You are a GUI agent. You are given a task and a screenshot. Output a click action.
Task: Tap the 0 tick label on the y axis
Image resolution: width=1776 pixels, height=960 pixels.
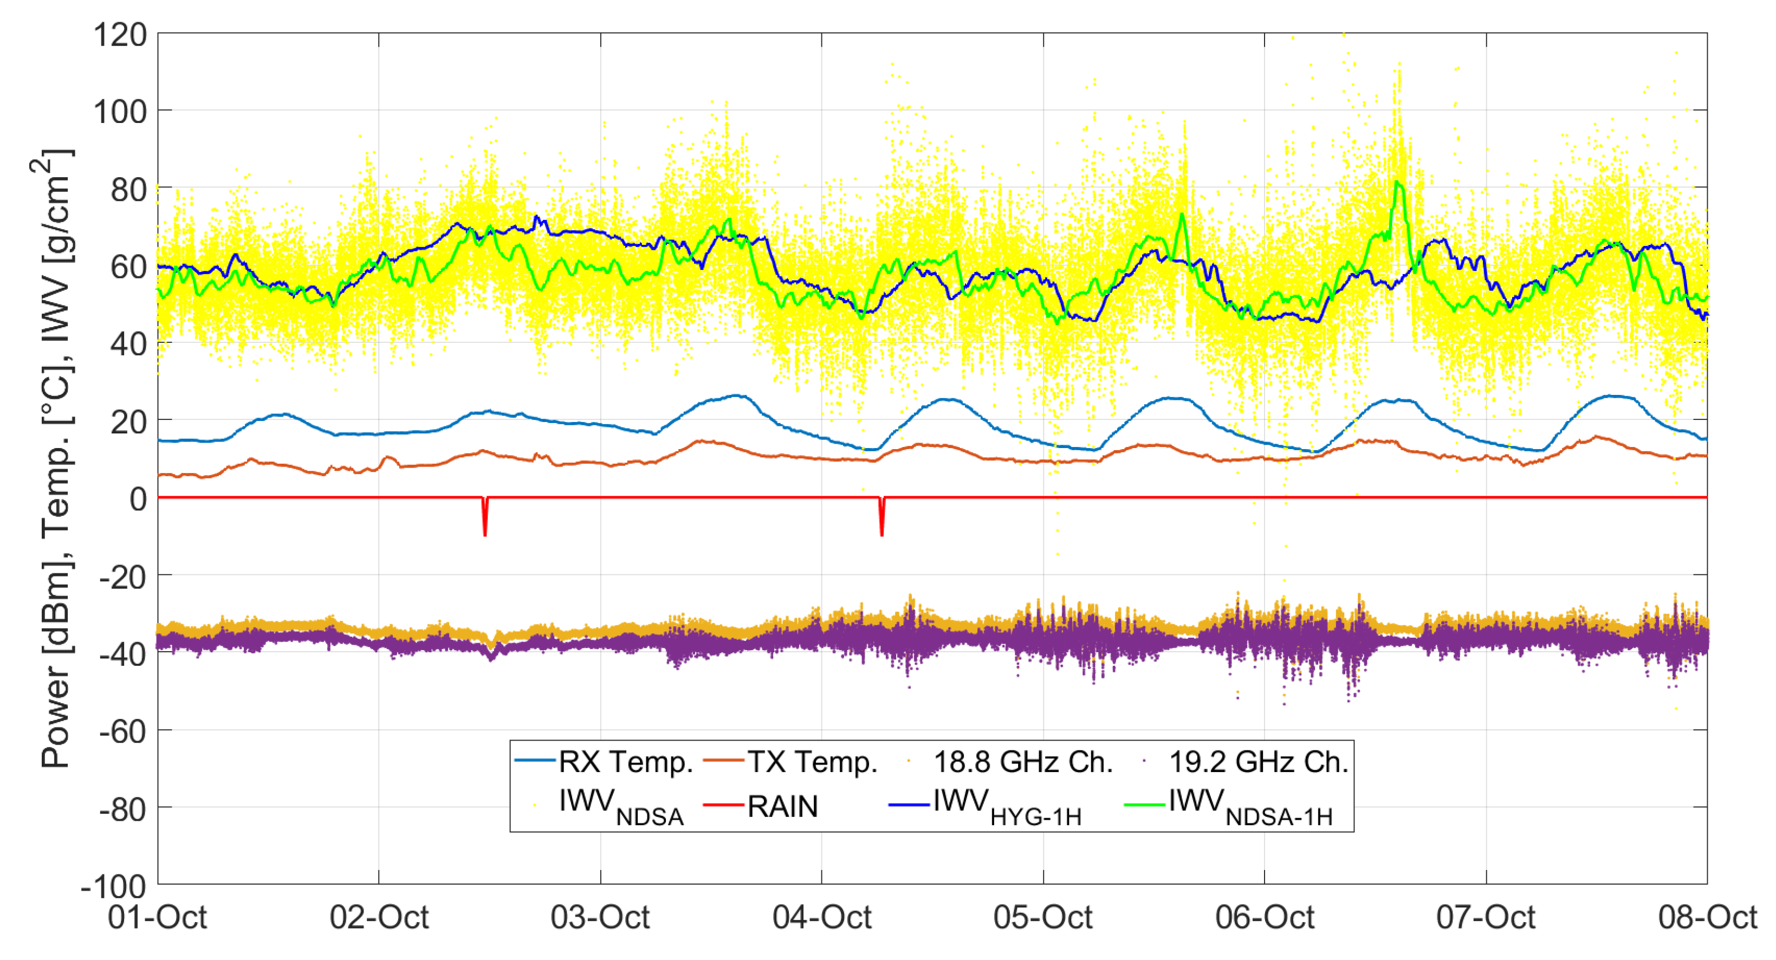pyautogui.click(x=138, y=498)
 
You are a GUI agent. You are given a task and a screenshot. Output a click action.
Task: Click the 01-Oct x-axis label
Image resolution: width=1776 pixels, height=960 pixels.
pyautogui.click(x=157, y=918)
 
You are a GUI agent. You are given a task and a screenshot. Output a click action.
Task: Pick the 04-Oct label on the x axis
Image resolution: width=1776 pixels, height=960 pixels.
pyautogui.click(x=822, y=918)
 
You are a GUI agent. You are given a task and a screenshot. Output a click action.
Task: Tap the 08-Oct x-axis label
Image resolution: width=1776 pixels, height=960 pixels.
pyautogui.click(x=1707, y=918)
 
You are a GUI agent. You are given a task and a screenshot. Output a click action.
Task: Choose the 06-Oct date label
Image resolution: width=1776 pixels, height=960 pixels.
pyautogui.click(x=1265, y=918)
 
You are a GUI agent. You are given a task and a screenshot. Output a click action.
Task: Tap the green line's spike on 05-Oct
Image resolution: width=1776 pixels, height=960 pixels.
pyautogui.click(x=1182, y=215)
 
